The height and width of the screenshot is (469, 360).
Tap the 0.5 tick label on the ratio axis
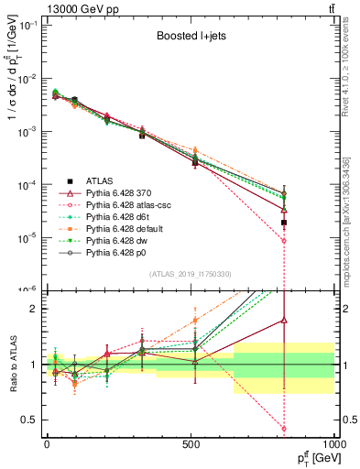[31, 420]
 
